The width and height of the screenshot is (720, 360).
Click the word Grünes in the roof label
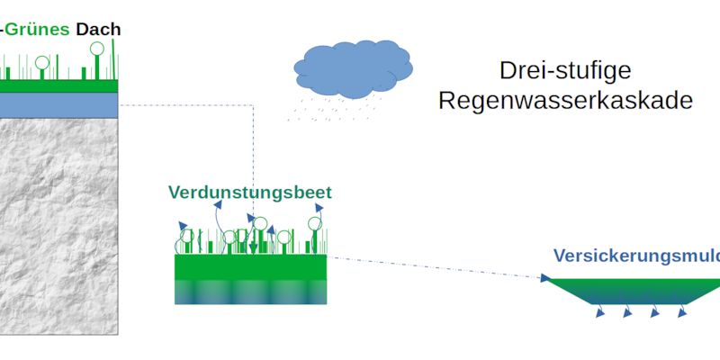(x=38, y=29)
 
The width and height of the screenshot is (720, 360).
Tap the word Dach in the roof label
(x=98, y=29)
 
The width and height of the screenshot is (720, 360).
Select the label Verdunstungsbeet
(x=249, y=193)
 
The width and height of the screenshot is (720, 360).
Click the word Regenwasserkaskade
(x=565, y=100)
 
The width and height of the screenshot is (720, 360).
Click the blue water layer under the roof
(x=58, y=105)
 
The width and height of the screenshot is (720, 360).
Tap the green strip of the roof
(x=58, y=85)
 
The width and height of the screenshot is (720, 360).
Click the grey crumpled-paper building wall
(x=58, y=225)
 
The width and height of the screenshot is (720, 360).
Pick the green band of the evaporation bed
(x=250, y=267)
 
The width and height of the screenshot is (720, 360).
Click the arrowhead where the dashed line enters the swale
(x=545, y=278)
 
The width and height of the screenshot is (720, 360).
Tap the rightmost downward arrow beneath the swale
(x=683, y=311)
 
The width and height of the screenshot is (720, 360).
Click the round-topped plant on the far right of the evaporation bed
(x=315, y=225)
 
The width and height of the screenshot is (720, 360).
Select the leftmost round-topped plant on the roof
(x=41, y=64)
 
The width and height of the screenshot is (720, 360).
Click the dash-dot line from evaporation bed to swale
(x=432, y=267)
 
